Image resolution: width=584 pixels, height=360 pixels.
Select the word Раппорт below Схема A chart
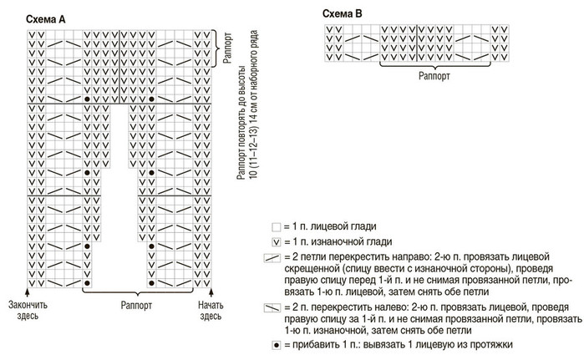tap(135, 305)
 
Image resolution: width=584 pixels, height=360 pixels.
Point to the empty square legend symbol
tap(275, 226)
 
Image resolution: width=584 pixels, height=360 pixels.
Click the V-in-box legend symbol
tap(275, 241)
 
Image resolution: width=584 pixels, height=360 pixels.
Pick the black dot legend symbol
tap(275, 344)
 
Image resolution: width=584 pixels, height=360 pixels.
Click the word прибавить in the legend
tap(315, 344)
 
